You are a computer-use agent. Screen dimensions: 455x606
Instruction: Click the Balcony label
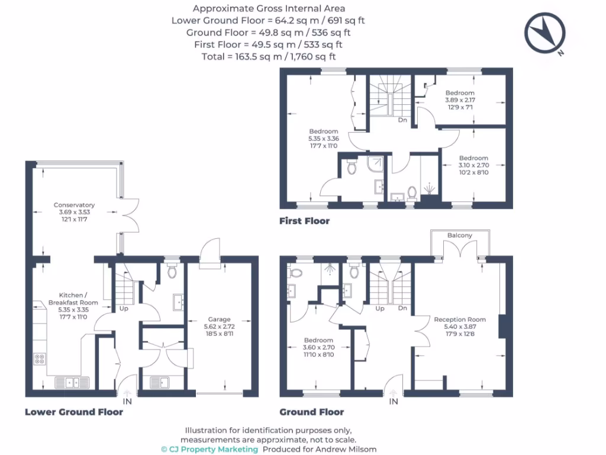pos(460,235)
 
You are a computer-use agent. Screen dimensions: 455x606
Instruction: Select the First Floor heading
pos(304,221)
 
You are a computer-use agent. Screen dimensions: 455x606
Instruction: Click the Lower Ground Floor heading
pos(73,412)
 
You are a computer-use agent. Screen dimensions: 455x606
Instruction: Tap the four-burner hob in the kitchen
pos(40,358)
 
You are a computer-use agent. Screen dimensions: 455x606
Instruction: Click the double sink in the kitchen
pos(72,383)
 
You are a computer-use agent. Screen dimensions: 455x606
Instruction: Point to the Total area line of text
pos(268,56)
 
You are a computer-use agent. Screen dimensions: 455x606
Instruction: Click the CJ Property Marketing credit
pos(209,449)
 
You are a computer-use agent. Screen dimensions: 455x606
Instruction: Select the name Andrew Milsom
pos(354,449)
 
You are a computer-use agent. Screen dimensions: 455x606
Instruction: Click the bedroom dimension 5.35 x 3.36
pos(323,138)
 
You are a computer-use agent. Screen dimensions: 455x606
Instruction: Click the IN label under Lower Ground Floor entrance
pos(127,402)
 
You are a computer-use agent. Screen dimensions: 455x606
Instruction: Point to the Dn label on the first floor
pos(402,120)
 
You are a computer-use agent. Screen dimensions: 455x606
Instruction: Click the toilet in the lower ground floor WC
pos(172,271)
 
